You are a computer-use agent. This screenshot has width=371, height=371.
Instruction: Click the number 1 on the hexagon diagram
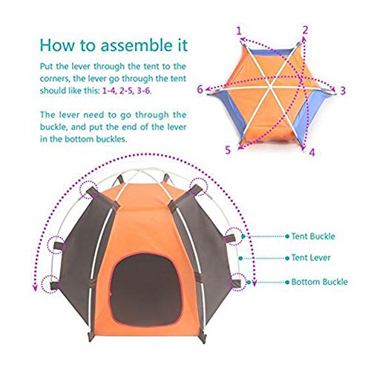[x=239, y=31]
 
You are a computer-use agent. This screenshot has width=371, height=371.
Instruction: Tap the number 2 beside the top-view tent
[x=306, y=30]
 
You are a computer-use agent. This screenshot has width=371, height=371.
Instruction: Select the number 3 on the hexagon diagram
[x=343, y=91]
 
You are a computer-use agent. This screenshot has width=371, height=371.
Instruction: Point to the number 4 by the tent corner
[x=312, y=152]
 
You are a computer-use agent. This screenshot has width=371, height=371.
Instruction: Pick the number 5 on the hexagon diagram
[x=228, y=150]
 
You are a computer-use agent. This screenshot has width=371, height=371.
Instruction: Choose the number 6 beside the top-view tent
[x=200, y=89]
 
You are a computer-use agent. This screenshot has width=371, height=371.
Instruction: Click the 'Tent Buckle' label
[x=313, y=236]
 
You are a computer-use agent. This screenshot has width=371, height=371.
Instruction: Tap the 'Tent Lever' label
[x=311, y=257]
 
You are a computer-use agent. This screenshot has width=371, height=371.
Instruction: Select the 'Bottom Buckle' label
[x=319, y=282]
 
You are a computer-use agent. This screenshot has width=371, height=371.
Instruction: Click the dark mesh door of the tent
[x=145, y=289]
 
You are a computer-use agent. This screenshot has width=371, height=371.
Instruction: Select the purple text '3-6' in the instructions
[x=143, y=91]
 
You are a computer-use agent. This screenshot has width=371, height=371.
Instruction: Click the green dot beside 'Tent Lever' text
[x=287, y=258]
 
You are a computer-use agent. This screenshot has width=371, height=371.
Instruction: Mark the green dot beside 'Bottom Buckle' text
[x=287, y=282]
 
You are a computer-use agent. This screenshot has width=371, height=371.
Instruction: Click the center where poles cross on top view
[x=272, y=87]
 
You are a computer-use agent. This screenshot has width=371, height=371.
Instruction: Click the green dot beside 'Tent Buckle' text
[x=287, y=237]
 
